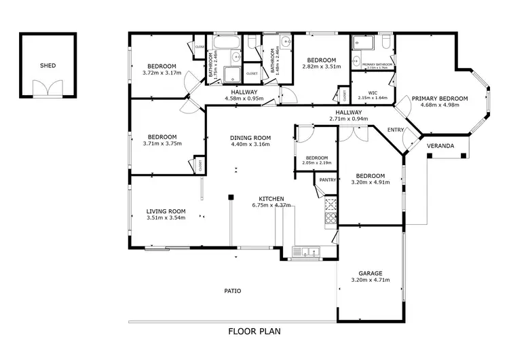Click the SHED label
(48, 66)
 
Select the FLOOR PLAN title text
(254, 331)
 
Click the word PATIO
(233, 291)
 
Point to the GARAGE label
(371, 272)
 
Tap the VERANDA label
(440, 146)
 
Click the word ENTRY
(396, 130)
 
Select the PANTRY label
(328, 180)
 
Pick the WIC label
(373, 92)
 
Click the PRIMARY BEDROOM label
(445, 98)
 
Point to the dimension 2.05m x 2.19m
(316, 163)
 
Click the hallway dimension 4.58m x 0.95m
(244, 98)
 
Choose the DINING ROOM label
(250, 137)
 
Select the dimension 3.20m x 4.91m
(371, 182)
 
